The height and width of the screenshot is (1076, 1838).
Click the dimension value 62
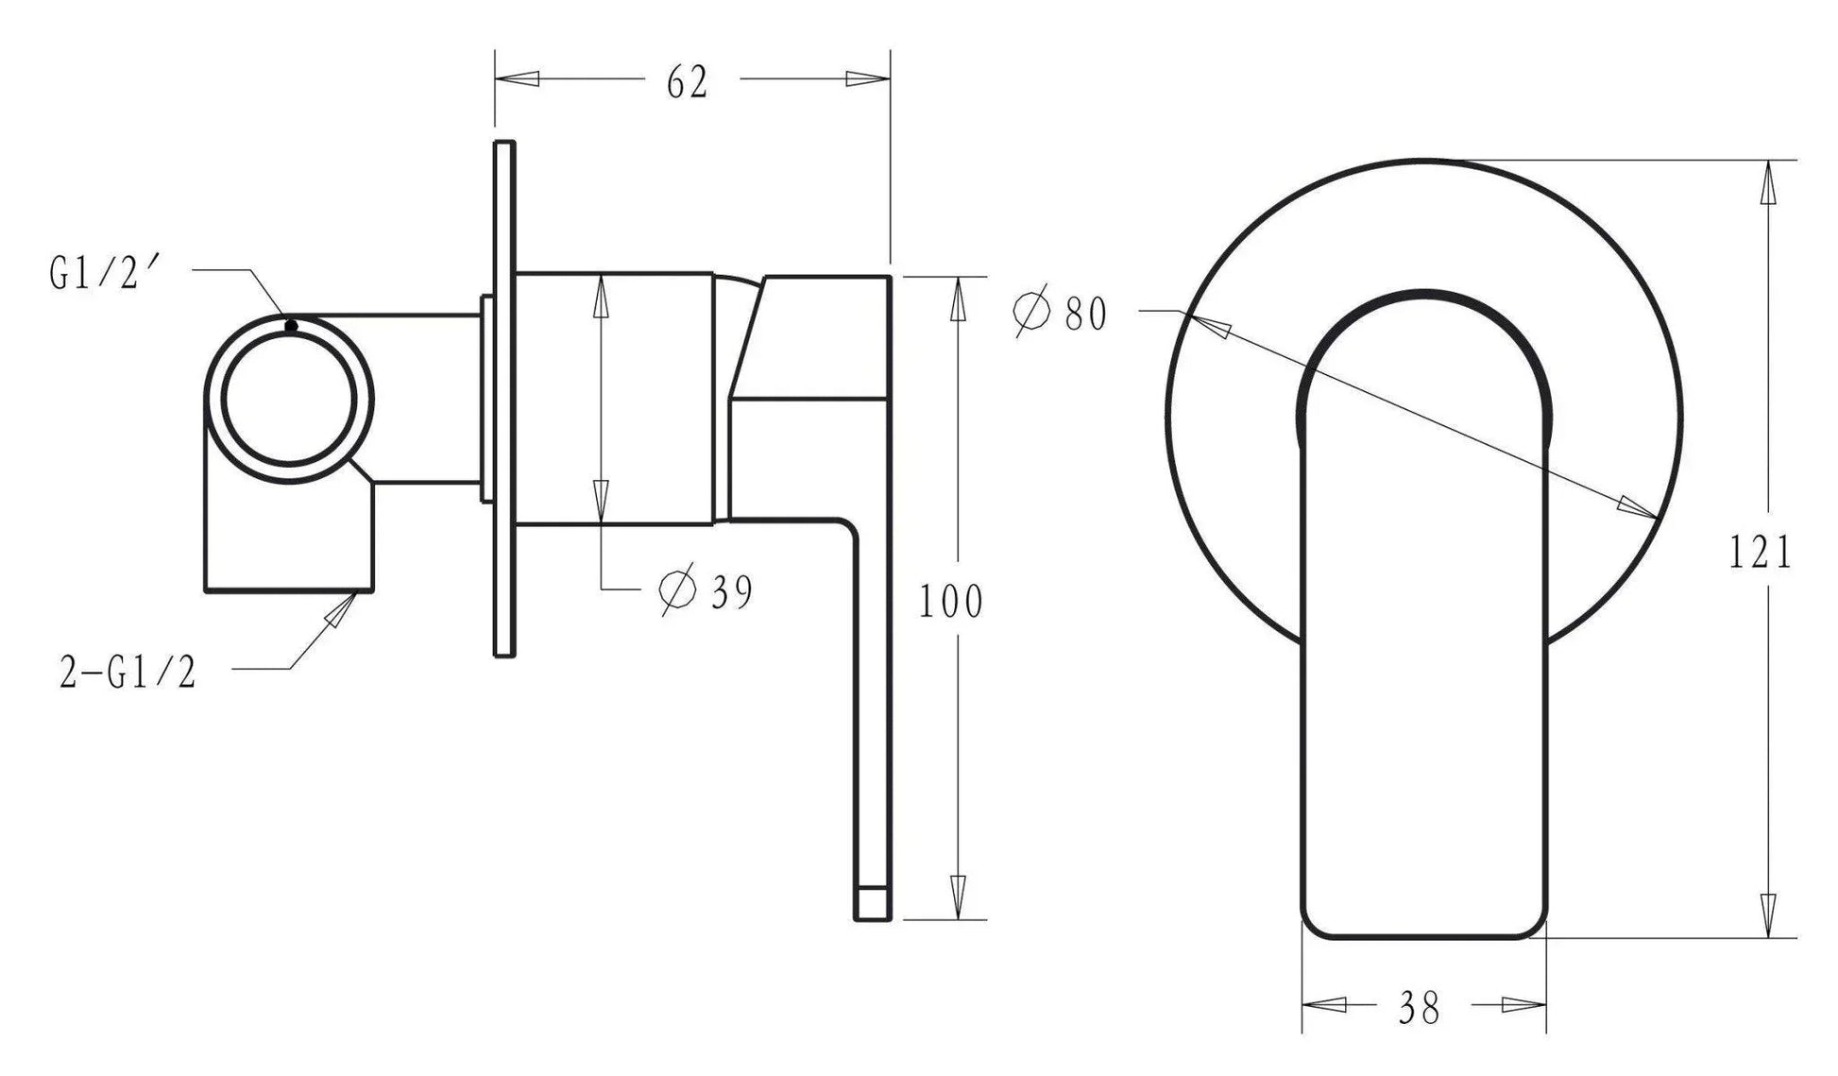point(687,82)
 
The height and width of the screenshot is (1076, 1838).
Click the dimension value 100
point(951,601)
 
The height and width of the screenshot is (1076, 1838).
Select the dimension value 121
point(1761,553)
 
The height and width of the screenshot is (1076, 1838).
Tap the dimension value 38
point(1420,1008)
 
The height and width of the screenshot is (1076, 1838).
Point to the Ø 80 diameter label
point(1060,314)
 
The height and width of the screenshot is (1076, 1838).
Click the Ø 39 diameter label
point(706,591)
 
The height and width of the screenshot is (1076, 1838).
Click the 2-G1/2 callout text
point(128,674)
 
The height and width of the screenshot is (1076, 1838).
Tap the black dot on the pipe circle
point(291,326)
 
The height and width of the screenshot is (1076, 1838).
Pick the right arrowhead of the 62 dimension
point(867,79)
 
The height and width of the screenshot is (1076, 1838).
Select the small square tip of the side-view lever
point(872,903)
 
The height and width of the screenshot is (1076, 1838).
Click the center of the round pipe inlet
point(290,399)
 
